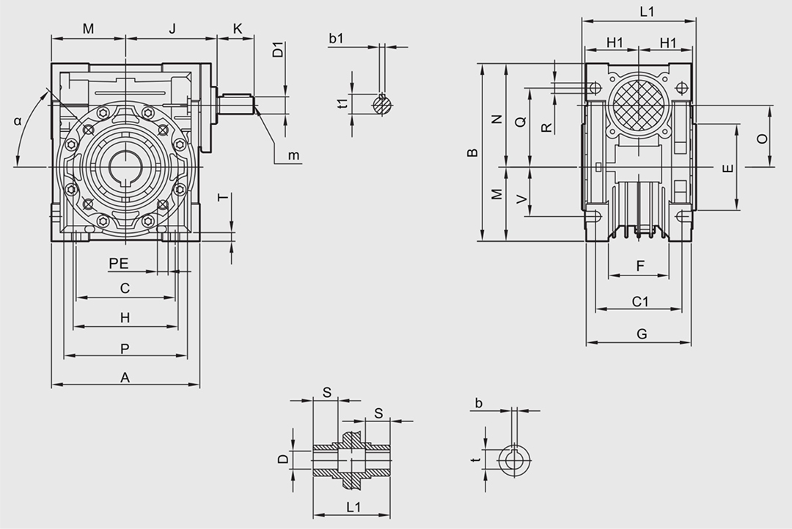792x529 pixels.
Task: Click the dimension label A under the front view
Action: [125, 378]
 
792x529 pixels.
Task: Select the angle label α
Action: [18, 122]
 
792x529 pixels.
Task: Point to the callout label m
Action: [293, 155]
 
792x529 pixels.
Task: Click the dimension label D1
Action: [278, 52]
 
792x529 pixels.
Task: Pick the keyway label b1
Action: [337, 39]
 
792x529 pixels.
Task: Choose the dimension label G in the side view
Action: [642, 334]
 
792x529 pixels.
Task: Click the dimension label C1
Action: [640, 301]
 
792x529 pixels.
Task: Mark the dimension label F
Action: [640, 266]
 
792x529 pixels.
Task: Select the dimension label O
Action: [762, 138]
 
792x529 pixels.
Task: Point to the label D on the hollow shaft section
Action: [282, 459]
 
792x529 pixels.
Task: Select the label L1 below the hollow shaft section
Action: [353, 506]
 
